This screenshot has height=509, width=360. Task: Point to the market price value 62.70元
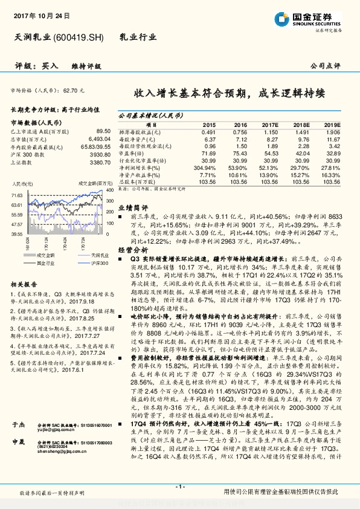pyautogui.click(x=72, y=89)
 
